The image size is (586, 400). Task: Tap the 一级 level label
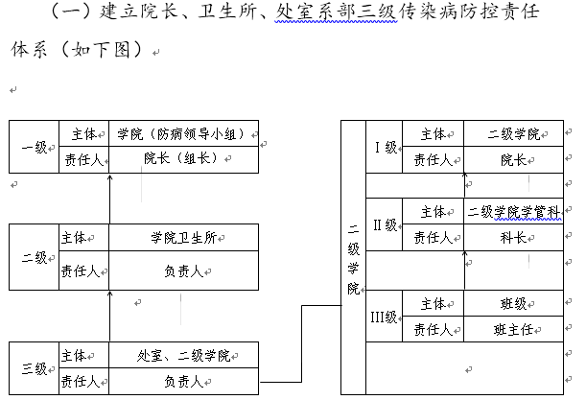[x=35, y=147]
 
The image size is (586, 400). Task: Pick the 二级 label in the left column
[x=34, y=259]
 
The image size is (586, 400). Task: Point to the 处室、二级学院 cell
[x=183, y=356]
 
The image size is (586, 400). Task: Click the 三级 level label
[x=35, y=368]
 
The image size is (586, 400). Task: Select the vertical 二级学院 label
[x=353, y=258]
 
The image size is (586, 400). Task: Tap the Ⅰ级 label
[x=386, y=147]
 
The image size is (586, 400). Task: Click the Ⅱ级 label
[x=386, y=224]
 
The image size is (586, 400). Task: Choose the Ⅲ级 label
[x=386, y=317]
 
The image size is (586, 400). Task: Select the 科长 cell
[x=513, y=238]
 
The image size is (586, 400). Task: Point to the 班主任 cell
[x=513, y=330]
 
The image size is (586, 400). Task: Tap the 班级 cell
[x=513, y=304]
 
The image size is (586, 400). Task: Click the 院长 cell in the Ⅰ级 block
[x=513, y=160]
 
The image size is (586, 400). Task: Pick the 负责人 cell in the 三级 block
[x=183, y=381]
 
